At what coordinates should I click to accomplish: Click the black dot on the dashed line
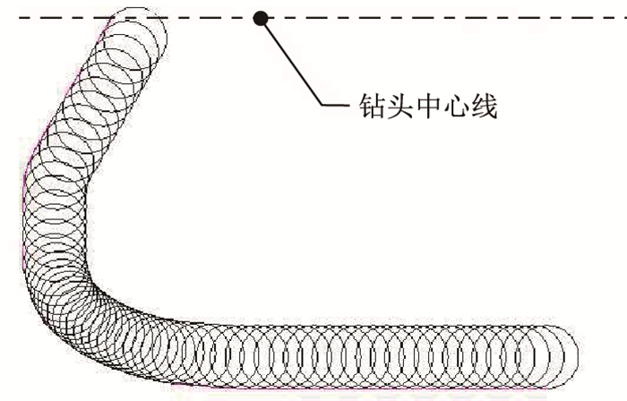(x=261, y=18)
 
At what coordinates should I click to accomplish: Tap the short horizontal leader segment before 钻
(x=336, y=107)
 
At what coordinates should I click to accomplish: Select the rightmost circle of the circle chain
(x=549, y=354)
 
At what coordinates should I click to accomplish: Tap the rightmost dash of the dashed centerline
(x=619, y=18)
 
